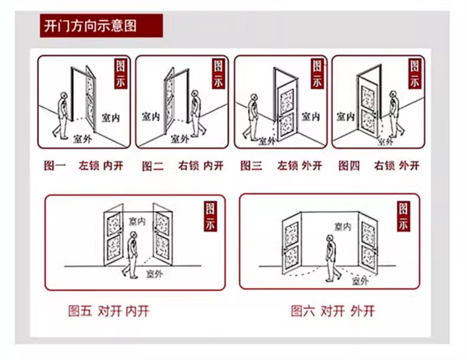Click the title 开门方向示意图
pyautogui.click(x=90, y=26)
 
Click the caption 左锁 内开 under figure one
pyautogui.click(x=101, y=166)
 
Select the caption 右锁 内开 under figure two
pyautogui.click(x=200, y=166)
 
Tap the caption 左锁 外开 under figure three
pyautogui.click(x=300, y=166)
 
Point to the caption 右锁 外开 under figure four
pyautogui.click(x=397, y=166)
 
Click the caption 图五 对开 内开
pyautogui.click(x=109, y=311)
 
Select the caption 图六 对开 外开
pyautogui.click(x=333, y=311)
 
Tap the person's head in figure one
pyautogui.click(x=64, y=96)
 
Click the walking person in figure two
pyautogui.click(x=196, y=114)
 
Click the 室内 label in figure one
pyautogui.click(x=111, y=118)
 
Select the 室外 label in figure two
pyautogui.click(x=180, y=139)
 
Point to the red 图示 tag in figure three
pyautogui.click(x=317, y=73)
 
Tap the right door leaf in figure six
pyautogui.click(x=368, y=244)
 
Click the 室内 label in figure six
pyautogui.click(x=342, y=227)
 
